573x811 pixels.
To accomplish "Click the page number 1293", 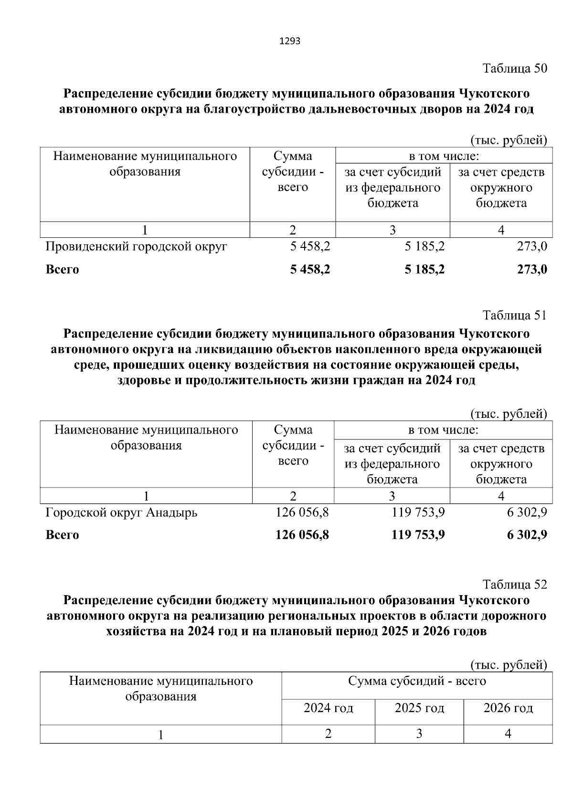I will [x=289, y=41].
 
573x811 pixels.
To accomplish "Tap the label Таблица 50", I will [x=515, y=68].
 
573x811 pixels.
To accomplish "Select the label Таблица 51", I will [x=515, y=315].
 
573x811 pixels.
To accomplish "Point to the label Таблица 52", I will [x=515, y=584].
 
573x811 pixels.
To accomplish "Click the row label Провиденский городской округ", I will [x=136, y=246].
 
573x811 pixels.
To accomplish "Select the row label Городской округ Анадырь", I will [x=121, y=512].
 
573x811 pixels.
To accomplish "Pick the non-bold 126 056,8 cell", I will [x=302, y=512].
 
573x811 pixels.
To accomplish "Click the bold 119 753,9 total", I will [x=418, y=535].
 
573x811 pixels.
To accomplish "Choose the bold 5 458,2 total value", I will [x=310, y=269].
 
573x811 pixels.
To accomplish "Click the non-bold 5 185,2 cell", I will [x=424, y=246].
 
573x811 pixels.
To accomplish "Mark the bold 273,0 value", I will [x=532, y=269].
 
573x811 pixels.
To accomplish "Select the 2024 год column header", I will [x=328, y=708].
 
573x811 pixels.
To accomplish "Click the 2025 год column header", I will [x=419, y=708].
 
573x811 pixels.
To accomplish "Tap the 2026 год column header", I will [x=508, y=708].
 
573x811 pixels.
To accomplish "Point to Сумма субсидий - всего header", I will [x=417, y=681].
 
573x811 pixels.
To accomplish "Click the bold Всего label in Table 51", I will [x=62, y=535].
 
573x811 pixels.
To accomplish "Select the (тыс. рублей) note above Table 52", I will [x=509, y=664].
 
